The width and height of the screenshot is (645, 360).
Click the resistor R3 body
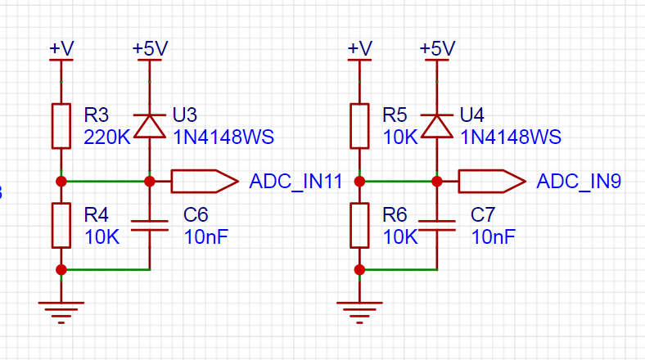coord(61,126)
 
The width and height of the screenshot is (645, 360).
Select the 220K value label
coord(107,137)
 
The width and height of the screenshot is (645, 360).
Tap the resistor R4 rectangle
coord(61,225)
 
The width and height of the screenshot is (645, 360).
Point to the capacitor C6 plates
coord(150,226)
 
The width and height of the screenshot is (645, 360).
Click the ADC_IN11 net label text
coord(295,182)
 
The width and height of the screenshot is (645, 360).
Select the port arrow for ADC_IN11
coord(205,182)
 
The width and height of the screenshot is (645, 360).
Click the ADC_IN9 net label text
coord(579,182)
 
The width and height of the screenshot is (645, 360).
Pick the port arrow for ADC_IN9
coord(492,182)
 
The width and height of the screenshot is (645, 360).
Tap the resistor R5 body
coord(359,126)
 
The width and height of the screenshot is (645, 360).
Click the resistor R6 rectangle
coord(359,225)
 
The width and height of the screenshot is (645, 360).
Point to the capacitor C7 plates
coord(437,226)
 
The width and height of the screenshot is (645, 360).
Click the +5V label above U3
coord(150,48)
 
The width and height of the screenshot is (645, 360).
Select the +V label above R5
coord(360,48)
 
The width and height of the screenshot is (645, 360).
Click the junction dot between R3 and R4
coord(61,182)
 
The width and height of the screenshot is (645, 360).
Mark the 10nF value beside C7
coord(494,237)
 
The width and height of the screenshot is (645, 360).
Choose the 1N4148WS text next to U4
coord(511,137)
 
